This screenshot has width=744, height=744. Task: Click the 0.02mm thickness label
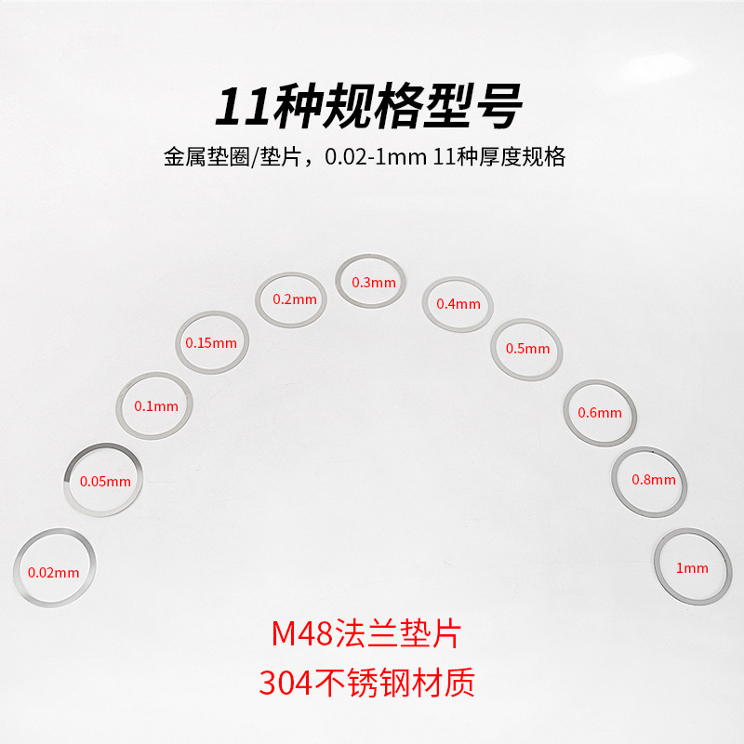pyautogui.click(x=54, y=573)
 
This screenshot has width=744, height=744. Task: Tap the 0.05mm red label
pyautogui.click(x=105, y=482)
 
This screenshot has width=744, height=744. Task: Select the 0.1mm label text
pyautogui.click(x=155, y=406)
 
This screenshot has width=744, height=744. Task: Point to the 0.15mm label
pyautogui.click(x=211, y=342)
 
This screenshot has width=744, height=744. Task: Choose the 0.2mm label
pyautogui.click(x=295, y=299)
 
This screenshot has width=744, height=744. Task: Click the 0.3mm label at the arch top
pyautogui.click(x=373, y=282)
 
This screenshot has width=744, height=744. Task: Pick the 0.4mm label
pyautogui.click(x=458, y=304)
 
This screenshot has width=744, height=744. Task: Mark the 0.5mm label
pyautogui.click(x=527, y=349)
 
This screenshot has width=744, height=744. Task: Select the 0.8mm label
pyautogui.click(x=653, y=480)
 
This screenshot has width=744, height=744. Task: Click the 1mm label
pyautogui.click(x=691, y=568)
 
